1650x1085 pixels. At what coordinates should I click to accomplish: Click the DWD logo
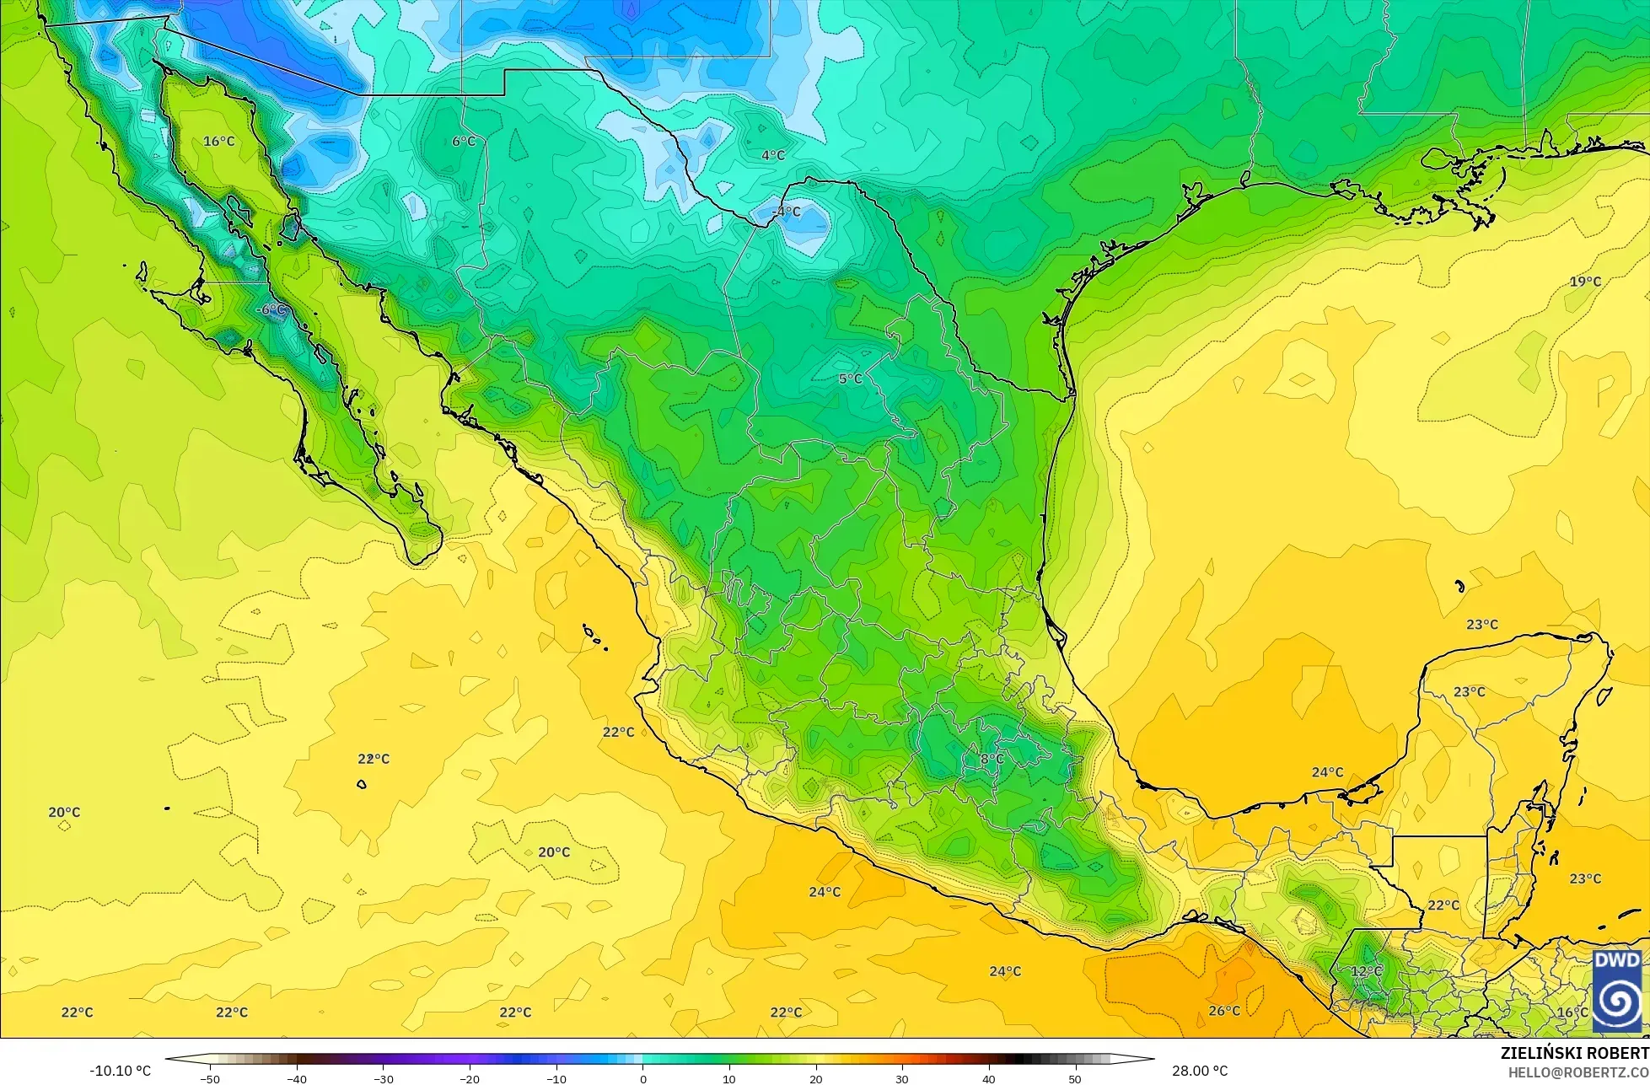1617,991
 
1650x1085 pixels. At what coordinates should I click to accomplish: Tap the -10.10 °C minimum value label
120,1071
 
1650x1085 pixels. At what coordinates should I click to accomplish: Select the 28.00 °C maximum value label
1199,1071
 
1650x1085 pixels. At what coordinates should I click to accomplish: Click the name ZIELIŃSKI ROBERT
1574,1054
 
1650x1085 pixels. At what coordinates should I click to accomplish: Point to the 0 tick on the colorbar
642,1078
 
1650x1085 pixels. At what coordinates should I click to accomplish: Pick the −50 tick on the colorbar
210,1078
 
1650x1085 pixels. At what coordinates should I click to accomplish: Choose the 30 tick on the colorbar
901,1078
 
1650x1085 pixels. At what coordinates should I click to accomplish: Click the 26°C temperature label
1224,1010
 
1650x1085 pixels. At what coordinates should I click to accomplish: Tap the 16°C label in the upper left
219,141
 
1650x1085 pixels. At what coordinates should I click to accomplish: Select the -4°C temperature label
787,211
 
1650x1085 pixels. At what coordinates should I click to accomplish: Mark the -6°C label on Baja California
271,309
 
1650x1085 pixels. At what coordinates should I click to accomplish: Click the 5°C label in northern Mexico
850,379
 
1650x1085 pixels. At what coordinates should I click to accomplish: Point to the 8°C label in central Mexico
992,759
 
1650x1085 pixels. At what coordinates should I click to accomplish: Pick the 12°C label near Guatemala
1367,971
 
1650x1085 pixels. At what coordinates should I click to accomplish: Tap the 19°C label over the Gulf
1585,281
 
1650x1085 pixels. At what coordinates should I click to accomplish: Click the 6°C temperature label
464,141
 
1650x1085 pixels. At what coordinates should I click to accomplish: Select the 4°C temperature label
773,155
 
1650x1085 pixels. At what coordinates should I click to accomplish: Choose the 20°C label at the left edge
64,812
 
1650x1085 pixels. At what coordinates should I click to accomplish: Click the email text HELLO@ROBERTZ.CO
1578,1072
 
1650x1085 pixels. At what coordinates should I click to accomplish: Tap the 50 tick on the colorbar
1074,1078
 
